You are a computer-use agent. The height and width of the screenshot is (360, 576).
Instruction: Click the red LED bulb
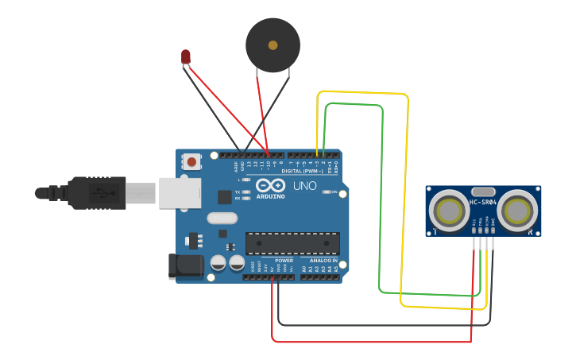[186, 56]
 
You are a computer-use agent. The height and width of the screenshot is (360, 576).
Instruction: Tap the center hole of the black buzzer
[273, 45]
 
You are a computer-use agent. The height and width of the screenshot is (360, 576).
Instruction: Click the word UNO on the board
[304, 186]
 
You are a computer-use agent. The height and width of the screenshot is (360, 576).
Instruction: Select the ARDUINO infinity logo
[270, 186]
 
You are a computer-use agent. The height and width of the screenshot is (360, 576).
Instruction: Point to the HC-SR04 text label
[483, 202]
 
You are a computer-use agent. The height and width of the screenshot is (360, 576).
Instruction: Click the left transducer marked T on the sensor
[449, 211]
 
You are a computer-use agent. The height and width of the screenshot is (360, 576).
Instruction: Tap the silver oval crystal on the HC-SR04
[483, 192]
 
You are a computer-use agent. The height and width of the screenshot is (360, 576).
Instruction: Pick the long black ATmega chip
[292, 243]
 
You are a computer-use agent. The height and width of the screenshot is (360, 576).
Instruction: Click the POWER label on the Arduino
[284, 261]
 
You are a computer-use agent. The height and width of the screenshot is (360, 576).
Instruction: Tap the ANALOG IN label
[323, 261]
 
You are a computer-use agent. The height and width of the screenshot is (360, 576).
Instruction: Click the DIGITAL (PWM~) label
[302, 171]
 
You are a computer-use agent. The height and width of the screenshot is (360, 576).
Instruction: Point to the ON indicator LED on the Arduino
[326, 192]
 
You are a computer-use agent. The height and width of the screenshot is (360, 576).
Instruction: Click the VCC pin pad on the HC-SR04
[475, 230]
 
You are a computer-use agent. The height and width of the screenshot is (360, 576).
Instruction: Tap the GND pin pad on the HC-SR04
[493, 230]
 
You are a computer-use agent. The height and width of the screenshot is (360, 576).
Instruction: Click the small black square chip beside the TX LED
[225, 196]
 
